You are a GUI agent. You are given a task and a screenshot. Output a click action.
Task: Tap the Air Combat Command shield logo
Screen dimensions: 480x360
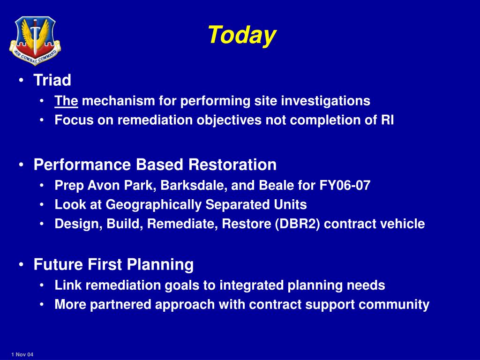coord(35,40)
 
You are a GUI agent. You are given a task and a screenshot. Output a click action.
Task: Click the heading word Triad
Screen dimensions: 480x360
coord(52,80)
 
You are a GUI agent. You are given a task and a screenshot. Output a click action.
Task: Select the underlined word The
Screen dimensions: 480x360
coord(66,101)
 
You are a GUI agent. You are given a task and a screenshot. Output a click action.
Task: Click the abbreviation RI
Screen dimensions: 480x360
coord(387,120)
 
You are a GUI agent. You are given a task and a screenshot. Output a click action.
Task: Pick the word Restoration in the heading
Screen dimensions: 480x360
coord(232,165)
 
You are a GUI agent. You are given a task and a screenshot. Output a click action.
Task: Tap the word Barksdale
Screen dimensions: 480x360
coord(194,186)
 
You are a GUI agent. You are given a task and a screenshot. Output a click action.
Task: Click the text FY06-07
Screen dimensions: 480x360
coord(345,186)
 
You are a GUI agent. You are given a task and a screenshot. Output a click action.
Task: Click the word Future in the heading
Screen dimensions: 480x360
coord(58,264)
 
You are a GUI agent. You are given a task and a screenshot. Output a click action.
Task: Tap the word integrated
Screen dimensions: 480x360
coord(251,285)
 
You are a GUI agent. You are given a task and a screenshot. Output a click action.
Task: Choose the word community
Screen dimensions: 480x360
coord(394,305)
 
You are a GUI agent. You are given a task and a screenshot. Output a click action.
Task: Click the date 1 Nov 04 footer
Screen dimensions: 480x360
coord(22,354)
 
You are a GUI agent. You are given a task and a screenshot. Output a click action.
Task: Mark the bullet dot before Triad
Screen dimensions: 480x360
coord(21,81)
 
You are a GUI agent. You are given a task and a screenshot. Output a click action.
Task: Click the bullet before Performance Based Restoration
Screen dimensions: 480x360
coord(21,165)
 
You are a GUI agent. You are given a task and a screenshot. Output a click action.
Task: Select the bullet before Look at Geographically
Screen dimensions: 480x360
coord(42,205)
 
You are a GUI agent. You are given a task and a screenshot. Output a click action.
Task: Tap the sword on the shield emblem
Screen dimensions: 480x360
coord(35,37)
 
